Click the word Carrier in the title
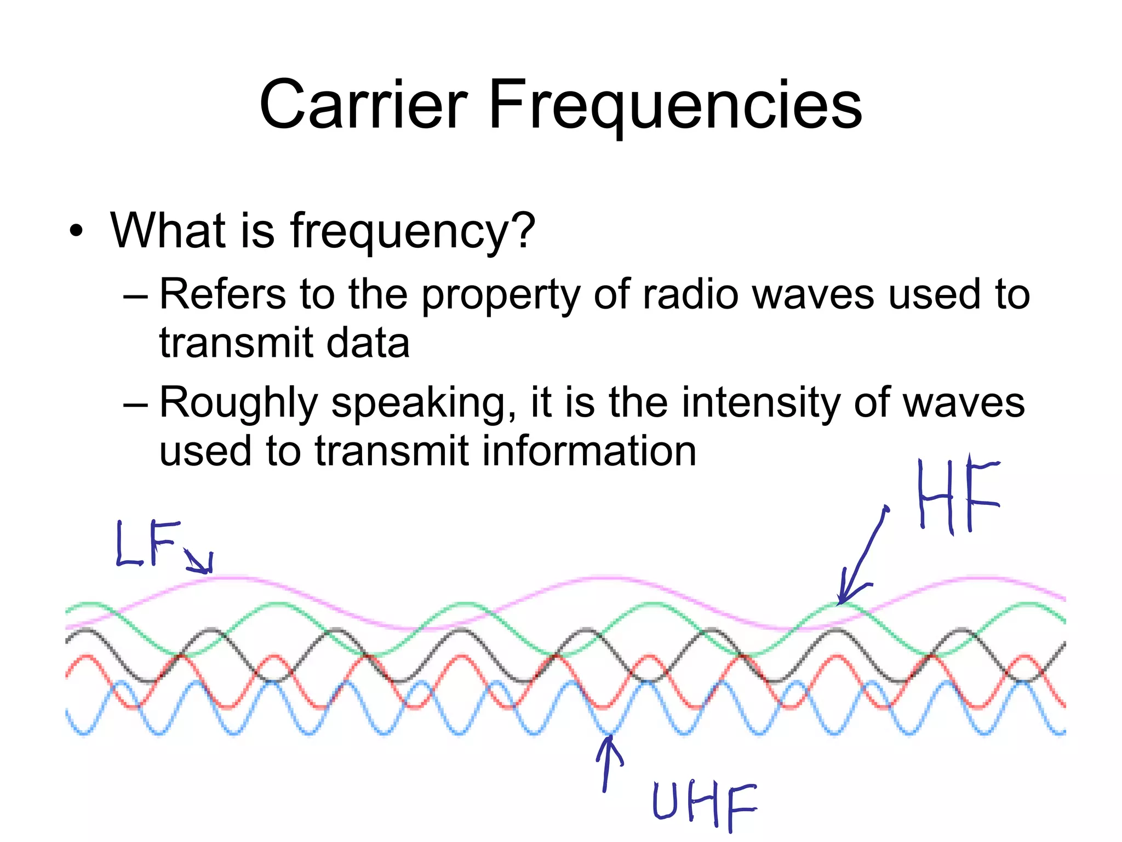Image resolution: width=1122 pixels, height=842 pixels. pos(363,105)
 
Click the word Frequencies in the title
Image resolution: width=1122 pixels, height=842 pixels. pos(675,105)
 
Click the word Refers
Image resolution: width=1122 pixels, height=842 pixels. pos(222,294)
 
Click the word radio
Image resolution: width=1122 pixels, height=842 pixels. pos(690,294)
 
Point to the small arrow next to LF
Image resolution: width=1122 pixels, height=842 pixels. pos(198,561)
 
